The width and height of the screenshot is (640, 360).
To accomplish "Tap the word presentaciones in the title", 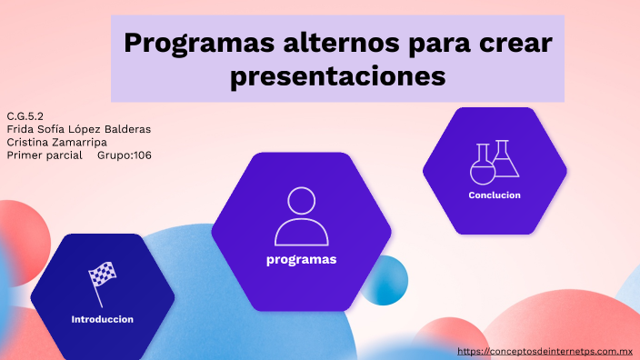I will (x=337, y=76).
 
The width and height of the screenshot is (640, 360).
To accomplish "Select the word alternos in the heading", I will (x=323, y=43).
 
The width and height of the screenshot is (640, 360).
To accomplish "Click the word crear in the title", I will (x=518, y=43).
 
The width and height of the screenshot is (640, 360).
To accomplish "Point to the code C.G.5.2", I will (x=25, y=116).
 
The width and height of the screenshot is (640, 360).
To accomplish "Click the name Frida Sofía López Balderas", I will (x=78, y=129).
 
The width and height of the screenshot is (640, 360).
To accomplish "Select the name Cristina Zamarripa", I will (x=56, y=142).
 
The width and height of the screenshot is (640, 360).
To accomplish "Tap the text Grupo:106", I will (x=124, y=155).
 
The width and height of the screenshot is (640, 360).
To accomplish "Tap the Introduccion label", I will (x=103, y=319).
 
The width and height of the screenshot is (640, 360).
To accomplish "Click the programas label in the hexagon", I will (x=301, y=260).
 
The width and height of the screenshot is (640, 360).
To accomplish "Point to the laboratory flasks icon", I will (x=495, y=162).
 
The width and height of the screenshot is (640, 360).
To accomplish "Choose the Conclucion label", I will (x=495, y=195).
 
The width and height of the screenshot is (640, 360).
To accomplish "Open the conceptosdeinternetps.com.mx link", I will (x=545, y=351).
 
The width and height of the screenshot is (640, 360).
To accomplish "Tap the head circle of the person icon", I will (x=301, y=202).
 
